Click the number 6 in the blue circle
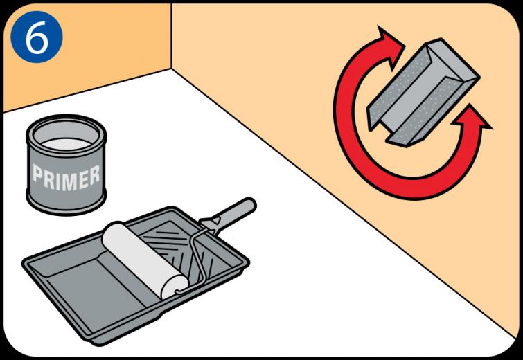point(36,37)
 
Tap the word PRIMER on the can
point(66,177)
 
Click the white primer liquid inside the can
point(66,144)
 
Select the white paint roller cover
point(144,260)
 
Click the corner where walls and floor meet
point(171,69)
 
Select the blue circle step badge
point(36,37)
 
